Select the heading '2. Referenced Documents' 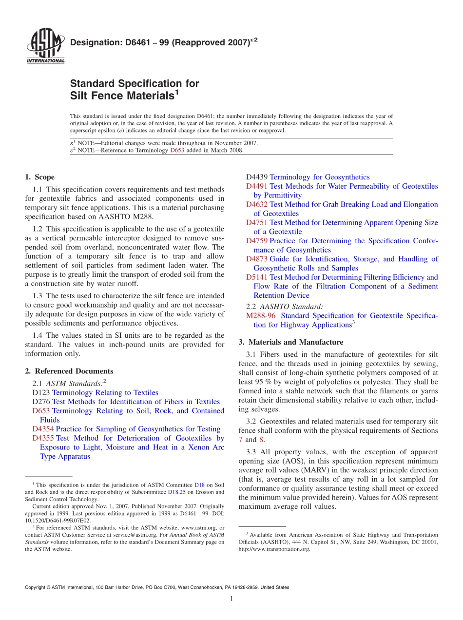click(69, 371)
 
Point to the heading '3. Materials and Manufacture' click(291, 342)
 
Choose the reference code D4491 click(257, 186)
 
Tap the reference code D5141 click(257, 277)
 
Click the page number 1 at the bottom click(231, 599)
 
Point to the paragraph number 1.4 click(38, 335)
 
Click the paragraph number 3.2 click(251, 421)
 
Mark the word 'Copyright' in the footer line click(37, 587)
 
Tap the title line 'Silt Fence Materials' click(122, 96)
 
